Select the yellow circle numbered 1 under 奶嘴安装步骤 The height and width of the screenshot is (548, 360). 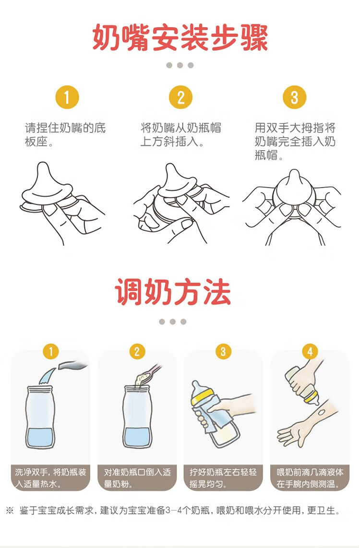pos(67,97)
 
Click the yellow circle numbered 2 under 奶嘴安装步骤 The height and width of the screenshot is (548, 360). pos(180,97)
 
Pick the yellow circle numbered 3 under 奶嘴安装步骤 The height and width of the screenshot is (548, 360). pos(294,97)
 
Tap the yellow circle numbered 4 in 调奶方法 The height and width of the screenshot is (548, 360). pos(310,351)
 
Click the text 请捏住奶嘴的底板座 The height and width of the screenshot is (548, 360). pos(65,134)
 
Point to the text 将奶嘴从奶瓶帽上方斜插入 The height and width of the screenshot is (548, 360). pos(180,134)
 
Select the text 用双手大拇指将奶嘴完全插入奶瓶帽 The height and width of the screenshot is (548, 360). pos(295,141)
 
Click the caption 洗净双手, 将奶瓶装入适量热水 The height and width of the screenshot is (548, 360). pos(51,478)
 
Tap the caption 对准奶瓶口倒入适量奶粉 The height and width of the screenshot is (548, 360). pos(137,478)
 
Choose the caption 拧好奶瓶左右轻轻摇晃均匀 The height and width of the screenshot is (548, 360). pos(223,478)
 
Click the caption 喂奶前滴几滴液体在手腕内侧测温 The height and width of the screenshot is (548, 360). pos(310,478)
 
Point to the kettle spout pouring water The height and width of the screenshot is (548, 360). pos(72,366)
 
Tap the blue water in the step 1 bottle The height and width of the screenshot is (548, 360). pos(40,438)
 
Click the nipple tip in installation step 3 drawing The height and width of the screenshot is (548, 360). pos(294,174)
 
